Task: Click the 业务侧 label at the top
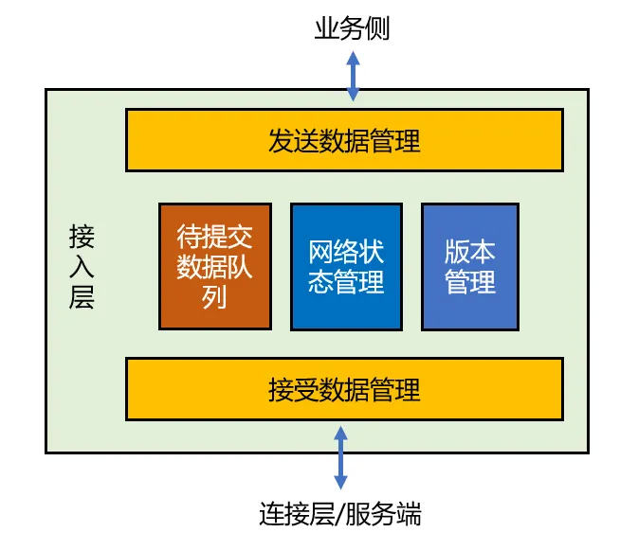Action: (352, 29)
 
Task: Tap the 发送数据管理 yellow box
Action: (344, 141)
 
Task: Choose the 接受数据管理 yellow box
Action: (344, 389)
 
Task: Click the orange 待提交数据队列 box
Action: (215, 266)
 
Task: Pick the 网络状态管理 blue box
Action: (346, 266)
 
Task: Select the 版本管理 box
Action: (469, 266)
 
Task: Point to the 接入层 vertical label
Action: (82, 267)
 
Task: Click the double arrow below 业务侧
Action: (353, 75)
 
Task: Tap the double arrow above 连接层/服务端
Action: (340, 456)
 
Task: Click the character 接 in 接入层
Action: (82, 236)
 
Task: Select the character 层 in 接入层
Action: (82, 299)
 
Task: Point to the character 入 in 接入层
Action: (82, 267)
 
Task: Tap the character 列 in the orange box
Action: (215, 297)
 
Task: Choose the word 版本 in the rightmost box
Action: (469, 252)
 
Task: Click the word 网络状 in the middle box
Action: (346, 252)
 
